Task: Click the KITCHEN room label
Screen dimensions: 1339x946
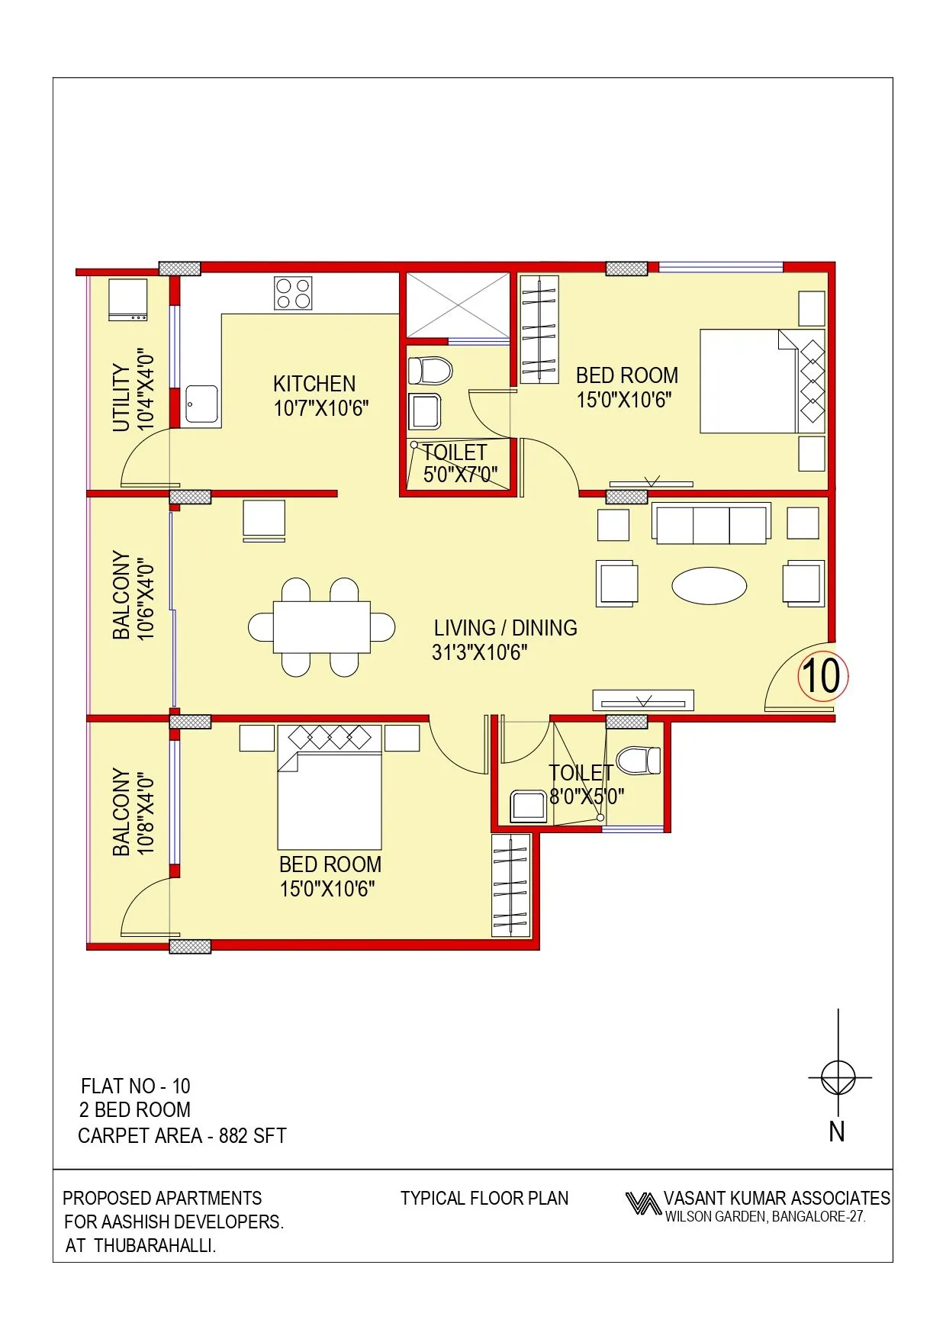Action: click(x=314, y=384)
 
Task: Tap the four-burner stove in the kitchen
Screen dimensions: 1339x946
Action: click(x=293, y=293)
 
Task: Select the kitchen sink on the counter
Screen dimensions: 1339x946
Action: click(x=201, y=404)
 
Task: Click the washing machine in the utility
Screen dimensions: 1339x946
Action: click(x=127, y=300)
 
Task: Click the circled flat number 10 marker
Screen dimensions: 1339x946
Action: click(x=822, y=676)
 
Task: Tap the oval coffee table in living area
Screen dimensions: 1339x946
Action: click(x=709, y=586)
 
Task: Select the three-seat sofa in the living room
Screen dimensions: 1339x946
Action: click(x=711, y=523)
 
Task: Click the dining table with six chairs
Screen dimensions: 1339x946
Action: click(x=321, y=627)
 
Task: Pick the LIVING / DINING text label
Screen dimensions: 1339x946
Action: click(x=505, y=628)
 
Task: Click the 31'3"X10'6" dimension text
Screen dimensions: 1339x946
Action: click(x=479, y=652)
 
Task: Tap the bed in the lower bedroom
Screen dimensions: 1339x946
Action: click(x=329, y=797)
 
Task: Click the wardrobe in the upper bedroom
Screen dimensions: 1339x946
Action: click(x=539, y=330)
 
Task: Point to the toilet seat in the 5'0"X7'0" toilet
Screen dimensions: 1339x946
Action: click(x=430, y=371)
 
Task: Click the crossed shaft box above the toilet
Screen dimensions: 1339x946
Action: click(x=457, y=305)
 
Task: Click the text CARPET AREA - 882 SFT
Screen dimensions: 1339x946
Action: click(x=182, y=1136)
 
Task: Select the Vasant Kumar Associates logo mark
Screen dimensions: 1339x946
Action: click(x=642, y=1204)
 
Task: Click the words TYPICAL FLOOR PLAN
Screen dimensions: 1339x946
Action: click(x=484, y=1199)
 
